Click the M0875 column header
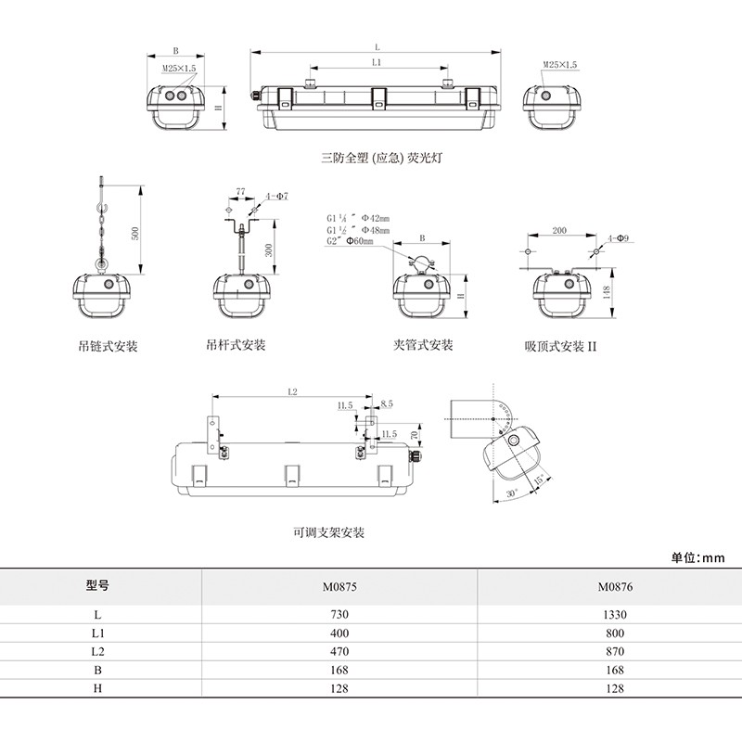coord(339,587)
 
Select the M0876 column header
coord(613,587)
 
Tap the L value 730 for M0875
coord(339,614)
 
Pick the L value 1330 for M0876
coord(613,614)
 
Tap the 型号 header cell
coord(97,586)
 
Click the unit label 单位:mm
coord(697,557)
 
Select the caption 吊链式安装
coord(109,346)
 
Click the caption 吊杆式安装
coord(236,345)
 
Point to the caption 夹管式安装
coord(423,345)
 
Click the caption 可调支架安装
coord(328,533)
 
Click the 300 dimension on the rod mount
coord(267,249)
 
